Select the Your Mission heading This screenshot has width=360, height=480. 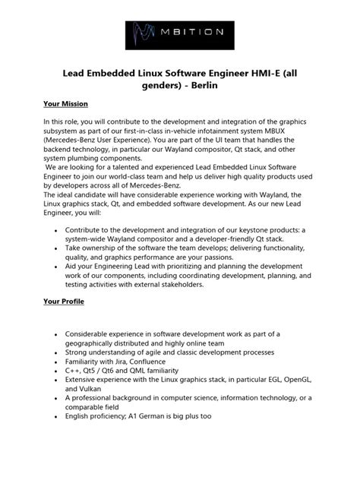click(x=65, y=103)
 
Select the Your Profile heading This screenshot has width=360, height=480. click(x=63, y=302)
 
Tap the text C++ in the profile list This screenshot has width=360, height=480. click(x=73, y=372)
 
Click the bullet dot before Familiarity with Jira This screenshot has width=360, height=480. click(x=56, y=362)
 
